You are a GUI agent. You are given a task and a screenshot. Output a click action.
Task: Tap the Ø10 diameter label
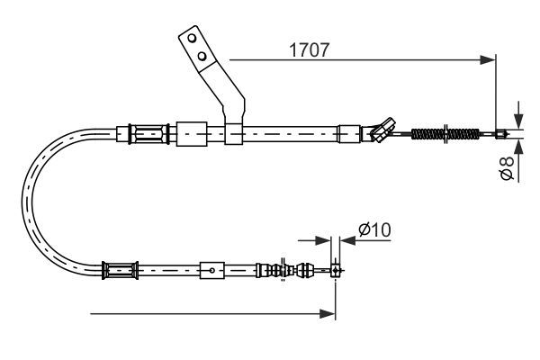pos(373,230)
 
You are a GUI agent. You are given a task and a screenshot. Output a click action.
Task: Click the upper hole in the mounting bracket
pos(191,40)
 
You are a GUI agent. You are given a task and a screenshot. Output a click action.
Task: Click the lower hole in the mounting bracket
pos(202,57)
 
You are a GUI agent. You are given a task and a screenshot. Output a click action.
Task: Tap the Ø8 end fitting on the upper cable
pos(502,136)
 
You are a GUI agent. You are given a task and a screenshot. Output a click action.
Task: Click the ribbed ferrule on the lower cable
pos(121,268)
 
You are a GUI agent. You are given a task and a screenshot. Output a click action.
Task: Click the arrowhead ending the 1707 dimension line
pos(490,60)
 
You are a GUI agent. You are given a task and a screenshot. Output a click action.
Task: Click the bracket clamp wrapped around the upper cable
pos(233,135)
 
